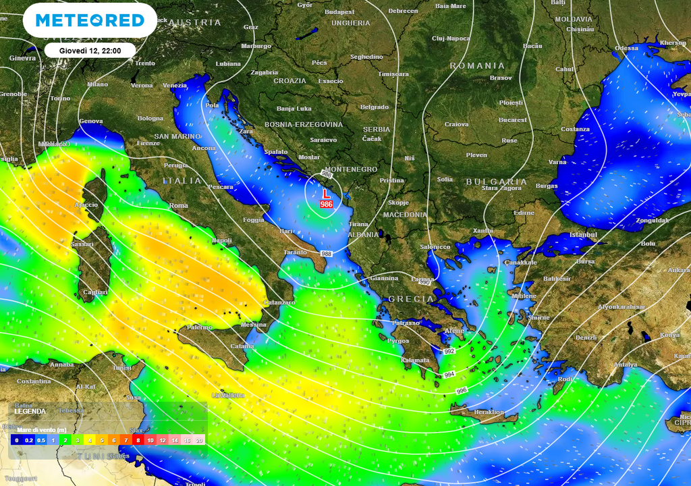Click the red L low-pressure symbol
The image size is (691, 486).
[x=327, y=194]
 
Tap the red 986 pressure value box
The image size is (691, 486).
[x=327, y=204]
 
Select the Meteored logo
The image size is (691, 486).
[x=90, y=20]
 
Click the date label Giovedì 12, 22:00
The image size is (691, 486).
[x=90, y=50]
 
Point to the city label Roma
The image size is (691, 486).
[x=179, y=205]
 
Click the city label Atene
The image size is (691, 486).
[x=454, y=331]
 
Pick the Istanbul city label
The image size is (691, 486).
[x=584, y=234]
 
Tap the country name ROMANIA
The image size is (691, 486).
[x=477, y=65]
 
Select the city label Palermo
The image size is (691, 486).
[x=199, y=327]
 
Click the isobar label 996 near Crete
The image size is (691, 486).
[x=462, y=391]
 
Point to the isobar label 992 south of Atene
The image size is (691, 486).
[x=449, y=352]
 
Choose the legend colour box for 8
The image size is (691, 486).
[x=138, y=439]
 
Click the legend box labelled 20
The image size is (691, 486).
[x=199, y=439]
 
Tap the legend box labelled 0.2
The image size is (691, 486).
[x=29, y=439]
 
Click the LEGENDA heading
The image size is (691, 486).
[x=30, y=411]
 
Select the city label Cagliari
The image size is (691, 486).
[x=94, y=292]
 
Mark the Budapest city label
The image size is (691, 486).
[x=339, y=11]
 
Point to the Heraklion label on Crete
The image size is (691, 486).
[x=489, y=412]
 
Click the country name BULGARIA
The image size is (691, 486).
[x=496, y=182]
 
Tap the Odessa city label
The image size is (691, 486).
[x=626, y=48]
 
